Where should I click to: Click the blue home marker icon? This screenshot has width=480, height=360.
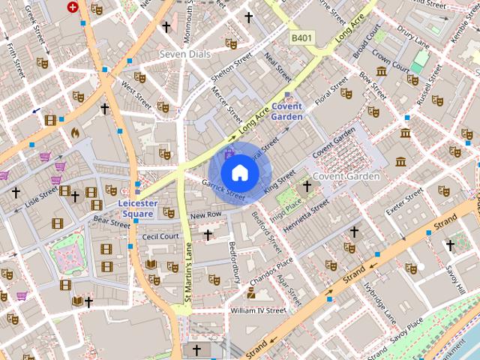pyautogui.click(x=239, y=172)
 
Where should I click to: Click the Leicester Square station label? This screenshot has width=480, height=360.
pyautogui.click(x=137, y=208)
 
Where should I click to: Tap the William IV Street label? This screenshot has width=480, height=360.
pyautogui.click(x=258, y=310)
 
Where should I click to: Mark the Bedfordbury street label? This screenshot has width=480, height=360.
pyautogui.click(x=235, y=257)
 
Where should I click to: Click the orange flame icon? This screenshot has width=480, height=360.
pyautogui.click(x=74, y=132)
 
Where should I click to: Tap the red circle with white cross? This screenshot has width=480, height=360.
pyautogui.click(x=73, y=7)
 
